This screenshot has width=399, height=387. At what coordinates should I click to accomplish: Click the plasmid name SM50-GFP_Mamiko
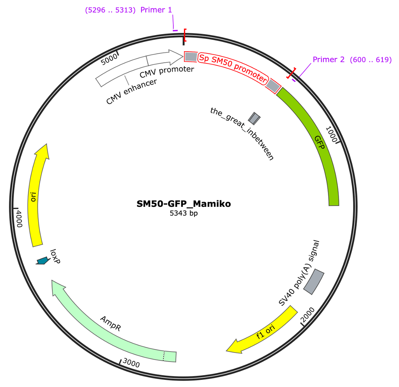click(x=184, y=204)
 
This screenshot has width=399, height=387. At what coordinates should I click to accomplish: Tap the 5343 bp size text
click(x=184, y=213)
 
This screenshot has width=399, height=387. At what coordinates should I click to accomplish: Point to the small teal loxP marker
click(x=43, y=261)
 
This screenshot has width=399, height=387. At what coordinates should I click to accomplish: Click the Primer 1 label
click(x=156, y=10)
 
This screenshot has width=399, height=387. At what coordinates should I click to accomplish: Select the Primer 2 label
click(x=329, y=59)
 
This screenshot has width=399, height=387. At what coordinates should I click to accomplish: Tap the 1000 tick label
click(x=331, y=134)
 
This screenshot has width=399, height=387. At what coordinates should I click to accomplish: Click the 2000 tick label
click(x=308, y=315)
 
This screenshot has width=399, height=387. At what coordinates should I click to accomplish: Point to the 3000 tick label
click(x=131, y=363)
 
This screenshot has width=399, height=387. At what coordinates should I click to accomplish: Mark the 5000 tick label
click(x=109, y=59)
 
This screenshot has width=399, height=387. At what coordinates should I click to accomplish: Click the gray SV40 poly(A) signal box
click(x=314, y=282)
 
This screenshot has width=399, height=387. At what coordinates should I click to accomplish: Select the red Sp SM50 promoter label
click(x=233, y=68)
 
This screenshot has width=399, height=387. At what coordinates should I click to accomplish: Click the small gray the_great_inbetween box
click(x=254, y=118)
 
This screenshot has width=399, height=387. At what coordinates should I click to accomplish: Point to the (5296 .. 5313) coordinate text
click(x=110, y=10)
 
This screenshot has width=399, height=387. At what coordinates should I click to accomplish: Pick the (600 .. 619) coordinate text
click(x=371, y=59)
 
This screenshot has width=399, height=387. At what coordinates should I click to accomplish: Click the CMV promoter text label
click(x=167, y=72)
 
